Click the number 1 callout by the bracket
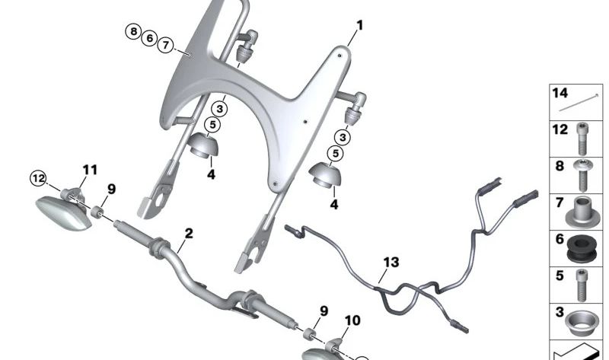[x=359, y=26]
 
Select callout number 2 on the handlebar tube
[x=189, y=233]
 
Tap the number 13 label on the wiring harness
[x=391, y=263]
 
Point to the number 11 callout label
[x=90, y=169]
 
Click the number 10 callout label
[x=352, y=321]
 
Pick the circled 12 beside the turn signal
[x=38, y=179]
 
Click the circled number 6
[x=150, y=38]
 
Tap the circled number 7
[x=166, y=45]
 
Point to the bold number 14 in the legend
[x=560, y=94]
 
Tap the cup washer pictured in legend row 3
[x=582, y=319]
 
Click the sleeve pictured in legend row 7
[x=583, y=210]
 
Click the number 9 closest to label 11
[x=111, y=189]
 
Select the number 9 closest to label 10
[x=324, y=311]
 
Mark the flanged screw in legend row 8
[x=583, y=174]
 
